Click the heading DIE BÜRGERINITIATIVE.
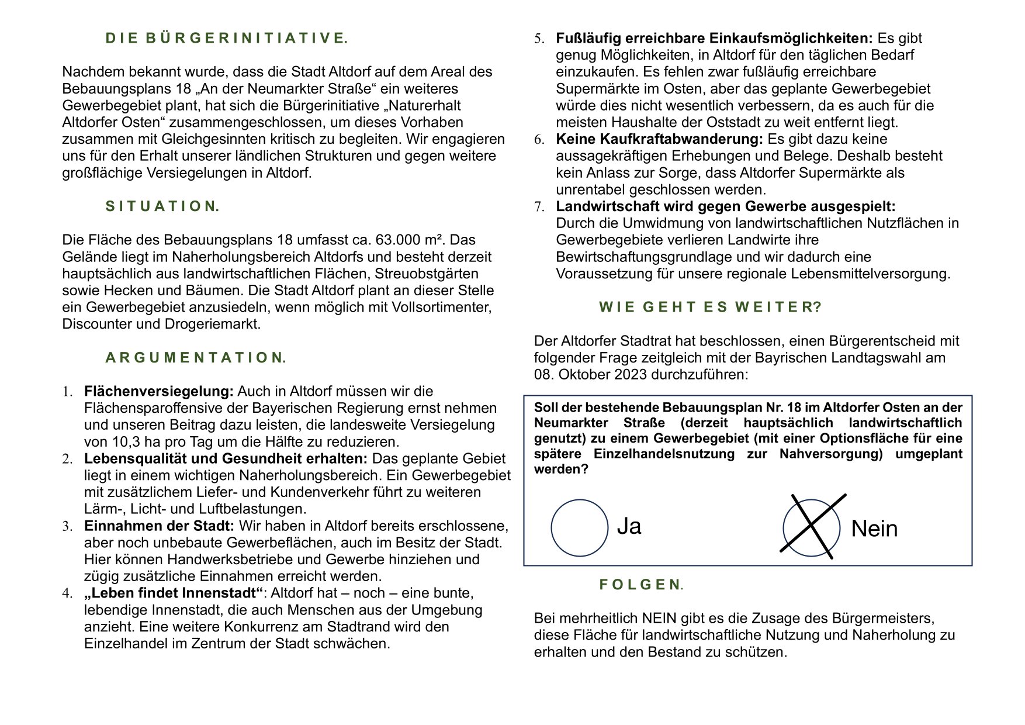[226, 39]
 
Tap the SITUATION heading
[162, 206]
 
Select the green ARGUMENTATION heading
[196, 358]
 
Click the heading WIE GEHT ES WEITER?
[710, 308]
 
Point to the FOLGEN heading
[640, 585]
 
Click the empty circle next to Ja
[579, 527]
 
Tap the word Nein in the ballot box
[874, 529]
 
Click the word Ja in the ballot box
[629, 526]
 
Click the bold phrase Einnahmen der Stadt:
[159, 526]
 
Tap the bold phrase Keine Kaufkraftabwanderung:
[659, 139]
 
